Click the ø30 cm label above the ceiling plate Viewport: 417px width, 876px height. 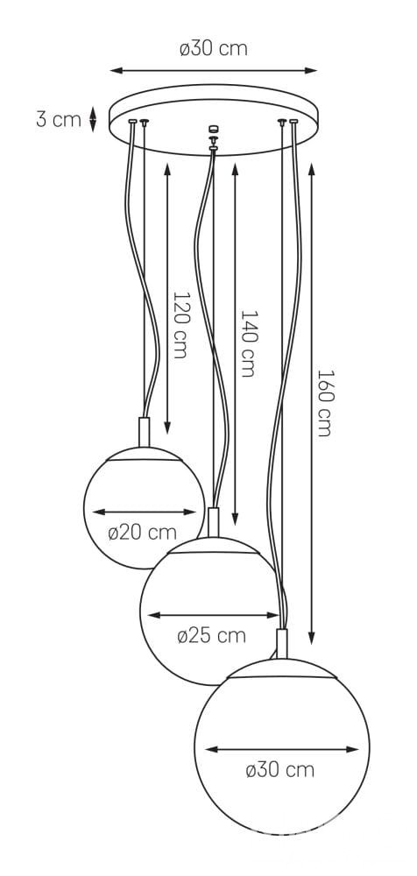click(214, 48)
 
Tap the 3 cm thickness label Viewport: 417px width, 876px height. click(59, 119)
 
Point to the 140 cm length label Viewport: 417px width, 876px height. click(248, 343)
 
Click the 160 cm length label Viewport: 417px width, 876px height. click(324, 402)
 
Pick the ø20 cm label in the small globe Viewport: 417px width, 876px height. click(142, 533)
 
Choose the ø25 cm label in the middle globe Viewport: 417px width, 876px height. click(211, 635)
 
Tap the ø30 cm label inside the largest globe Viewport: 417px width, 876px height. click(279, 770)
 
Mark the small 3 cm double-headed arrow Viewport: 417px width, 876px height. click(94, 119)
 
